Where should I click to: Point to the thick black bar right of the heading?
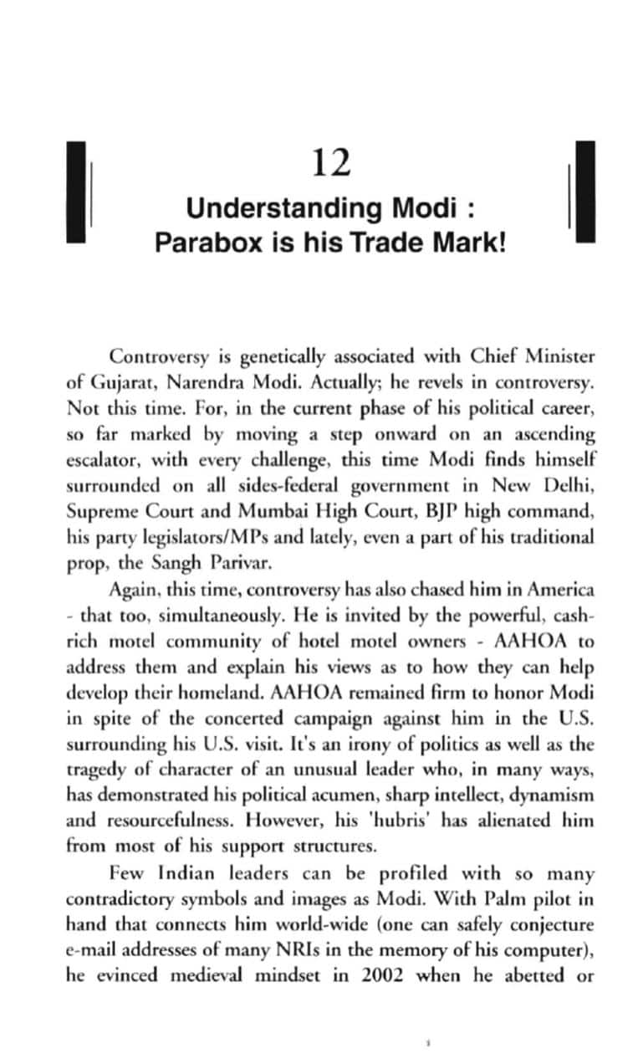[x=585, y=192]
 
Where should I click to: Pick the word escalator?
[x=105, y=461]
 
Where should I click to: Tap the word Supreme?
[x=103, y=512]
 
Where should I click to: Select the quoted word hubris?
[x=402, y=795]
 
